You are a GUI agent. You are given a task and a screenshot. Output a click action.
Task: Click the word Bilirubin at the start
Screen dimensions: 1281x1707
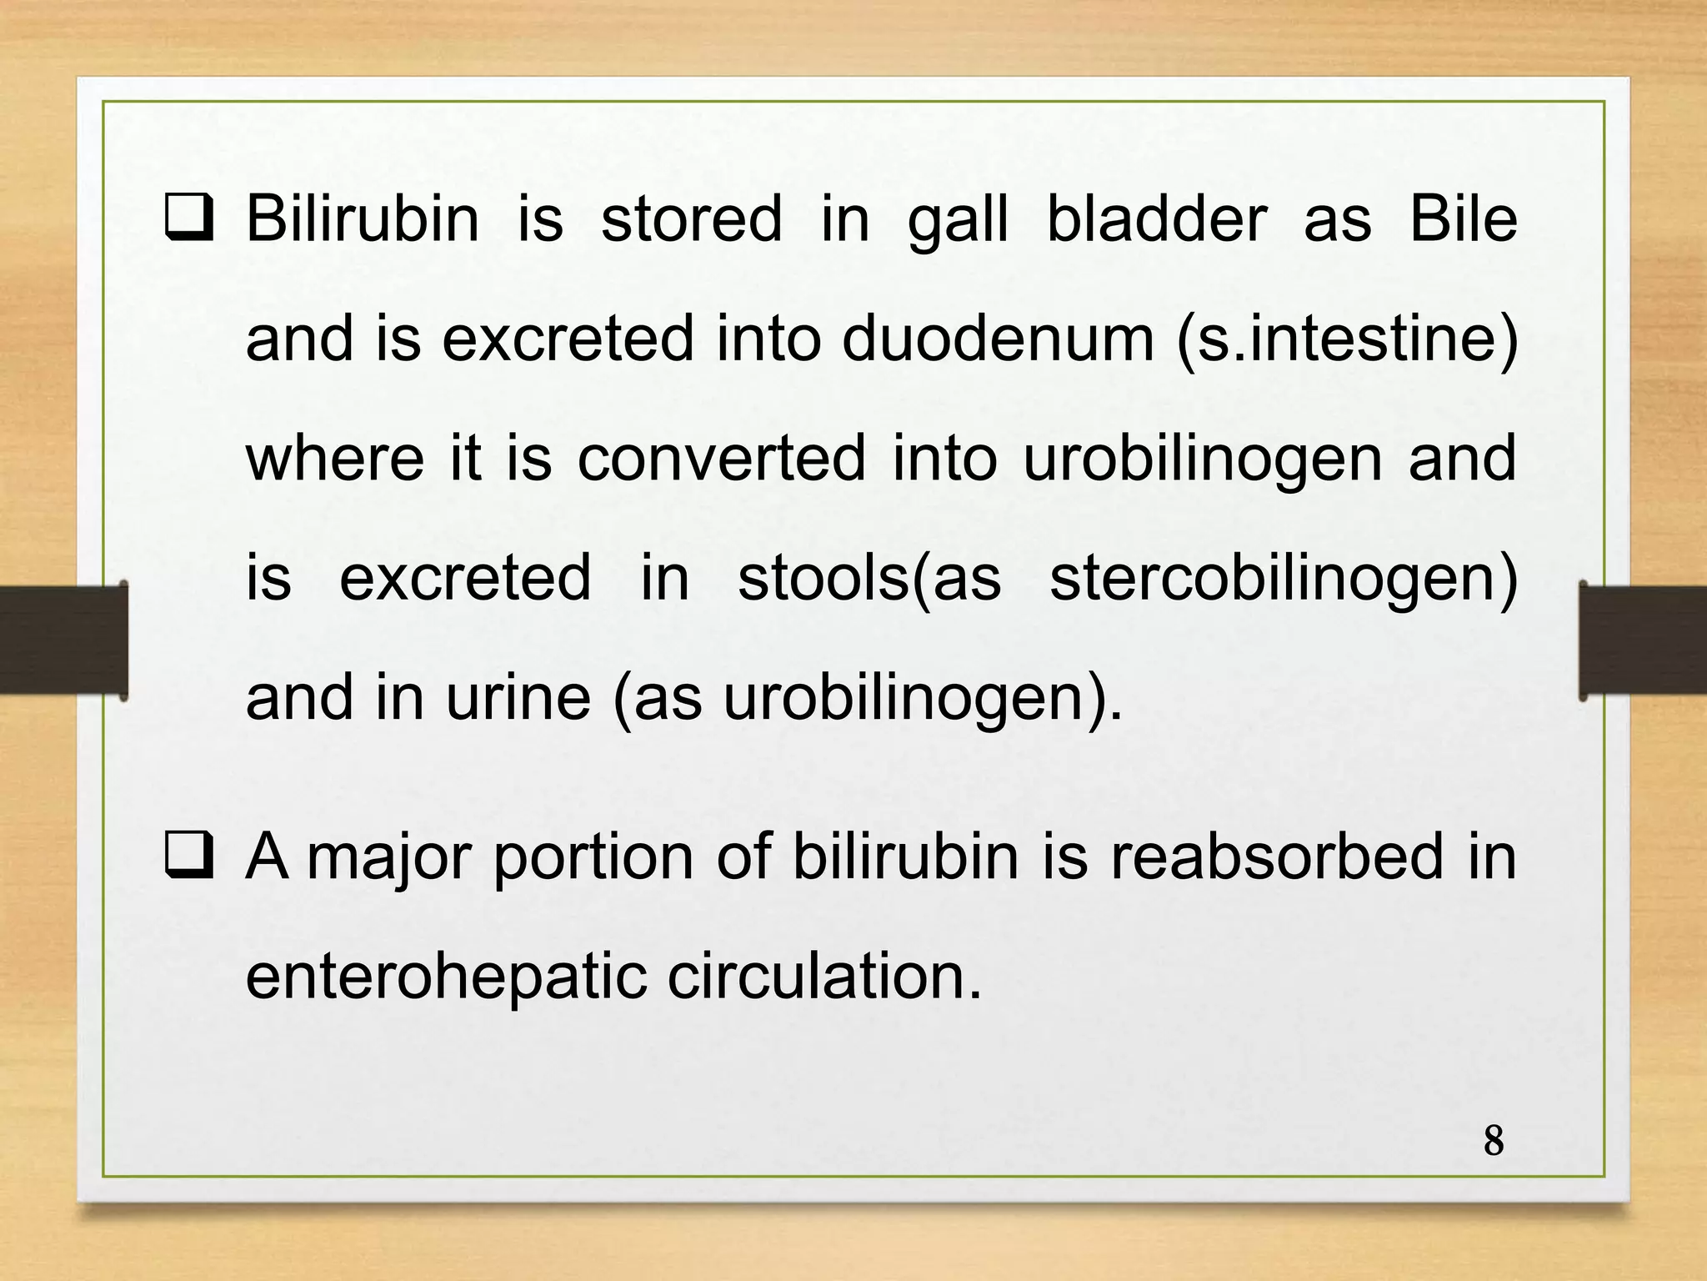[x=363, y=219]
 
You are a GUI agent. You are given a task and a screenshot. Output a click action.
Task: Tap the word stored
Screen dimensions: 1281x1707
[x=691, y=219]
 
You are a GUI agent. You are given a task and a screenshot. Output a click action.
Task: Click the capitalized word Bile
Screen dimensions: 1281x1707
[x=1463, y=219]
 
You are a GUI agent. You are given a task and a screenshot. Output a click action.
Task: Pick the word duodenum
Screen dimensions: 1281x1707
[x=998, y=339]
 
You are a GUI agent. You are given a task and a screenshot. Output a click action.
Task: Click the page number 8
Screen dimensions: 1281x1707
[x=1494, y=1141]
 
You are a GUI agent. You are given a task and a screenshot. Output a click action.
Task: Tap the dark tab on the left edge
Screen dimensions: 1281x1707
[x=63, y=640]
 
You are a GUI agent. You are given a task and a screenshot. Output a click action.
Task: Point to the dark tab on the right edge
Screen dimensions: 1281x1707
[x=1642, y=640]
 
